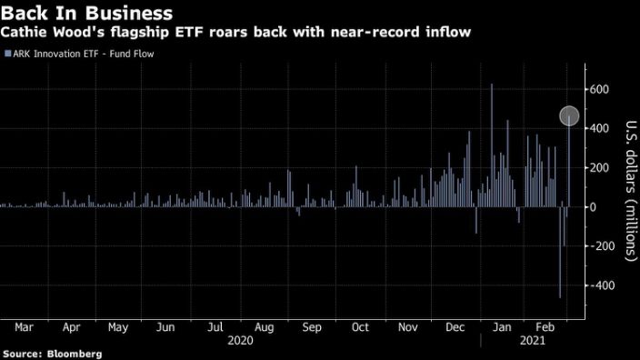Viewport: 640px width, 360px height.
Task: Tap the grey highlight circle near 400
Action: click(569, 116)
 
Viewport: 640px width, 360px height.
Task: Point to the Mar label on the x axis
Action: click(25, 326)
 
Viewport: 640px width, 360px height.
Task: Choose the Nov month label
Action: click(408, 326)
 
